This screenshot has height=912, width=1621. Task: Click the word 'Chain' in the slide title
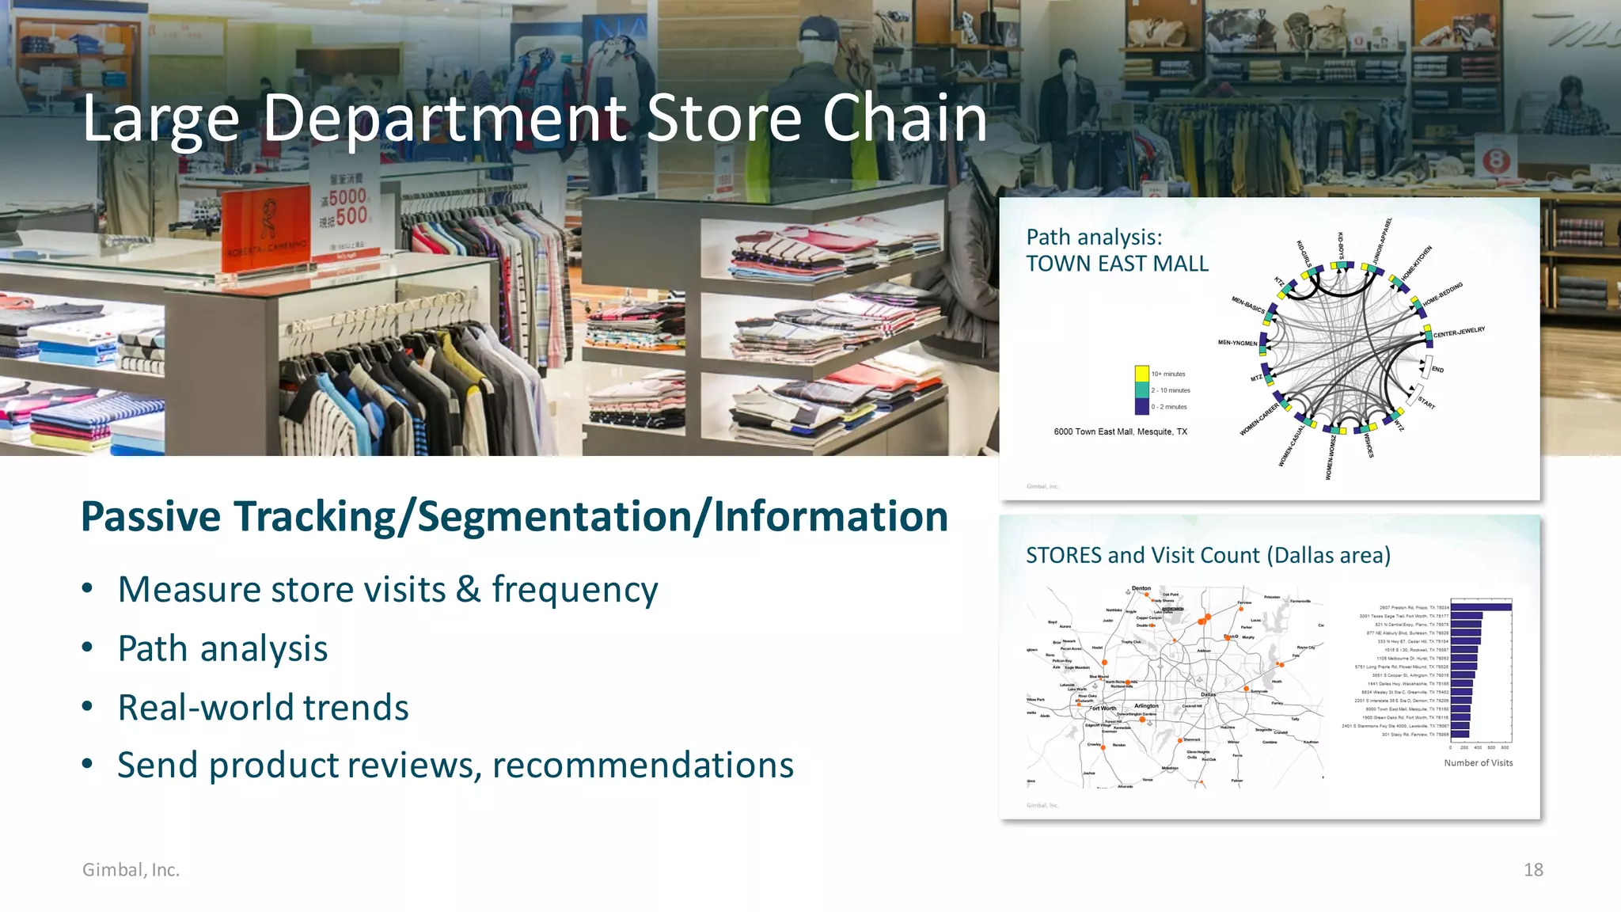(905, 119)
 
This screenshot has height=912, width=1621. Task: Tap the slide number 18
(1533, 869)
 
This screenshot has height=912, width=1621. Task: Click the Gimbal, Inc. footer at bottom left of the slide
(131, 869)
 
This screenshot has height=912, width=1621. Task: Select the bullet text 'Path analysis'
(222, 648)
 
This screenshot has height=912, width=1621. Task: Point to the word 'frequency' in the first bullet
(575, 590)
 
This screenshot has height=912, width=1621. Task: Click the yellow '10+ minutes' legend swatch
(1141, 374)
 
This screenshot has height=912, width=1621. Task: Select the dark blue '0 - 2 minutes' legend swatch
(1141, 407)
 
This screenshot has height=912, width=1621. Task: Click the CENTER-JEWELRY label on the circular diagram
(1459, 332)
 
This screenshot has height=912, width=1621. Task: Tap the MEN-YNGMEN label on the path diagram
(1237, 343)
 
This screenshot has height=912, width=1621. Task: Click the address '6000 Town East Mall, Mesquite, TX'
(1120, 431)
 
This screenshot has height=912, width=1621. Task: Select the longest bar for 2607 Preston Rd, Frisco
(1481, 607)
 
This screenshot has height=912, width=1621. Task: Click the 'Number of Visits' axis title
(1478, 763)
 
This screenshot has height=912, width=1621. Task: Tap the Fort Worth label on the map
(1103, 709)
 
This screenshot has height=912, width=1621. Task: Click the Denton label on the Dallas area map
(1141, 588)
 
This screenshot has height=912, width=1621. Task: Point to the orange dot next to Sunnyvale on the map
(1246, 690)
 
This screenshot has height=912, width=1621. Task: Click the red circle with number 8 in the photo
(1496, 161)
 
